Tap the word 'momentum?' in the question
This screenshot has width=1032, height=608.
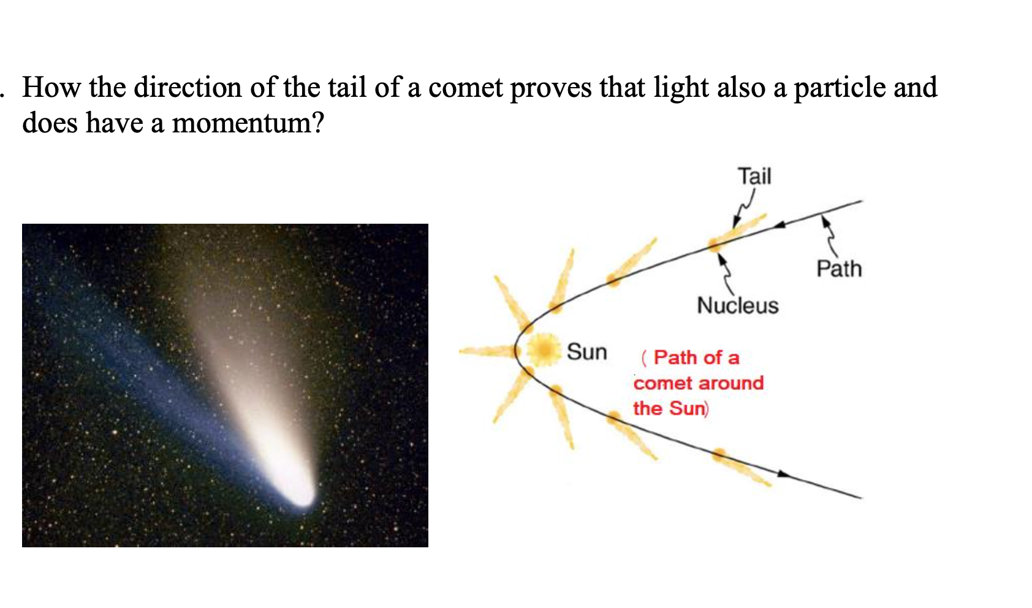(248, 123)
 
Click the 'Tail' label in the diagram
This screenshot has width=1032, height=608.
(754, 177)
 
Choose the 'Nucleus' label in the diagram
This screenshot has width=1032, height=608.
(737, 305)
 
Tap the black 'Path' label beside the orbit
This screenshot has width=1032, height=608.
(838, 268)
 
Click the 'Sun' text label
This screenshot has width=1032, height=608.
(586, 352)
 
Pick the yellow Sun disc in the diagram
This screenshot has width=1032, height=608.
(542, 350)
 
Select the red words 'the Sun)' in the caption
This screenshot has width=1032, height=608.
(670, 408)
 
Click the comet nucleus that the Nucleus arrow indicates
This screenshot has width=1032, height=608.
(715, 245)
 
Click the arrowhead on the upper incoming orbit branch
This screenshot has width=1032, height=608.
(779, 225)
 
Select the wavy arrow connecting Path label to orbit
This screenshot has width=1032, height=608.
(830, 235)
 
